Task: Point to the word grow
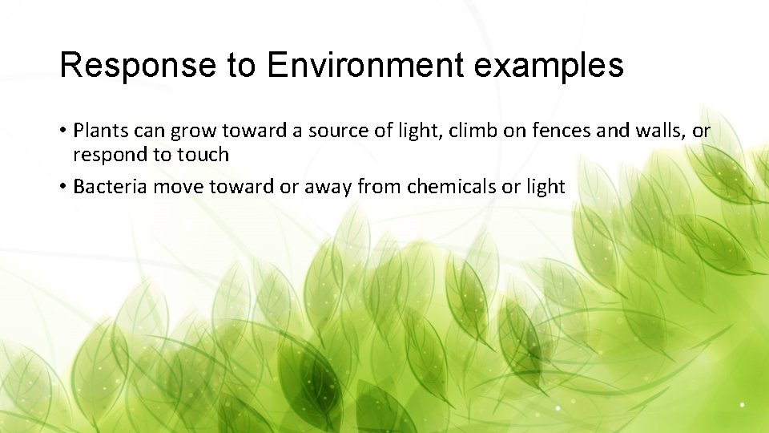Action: tap(191, 131)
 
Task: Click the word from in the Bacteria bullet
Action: tap(380, 187)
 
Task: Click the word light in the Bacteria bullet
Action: tap(546, 187)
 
